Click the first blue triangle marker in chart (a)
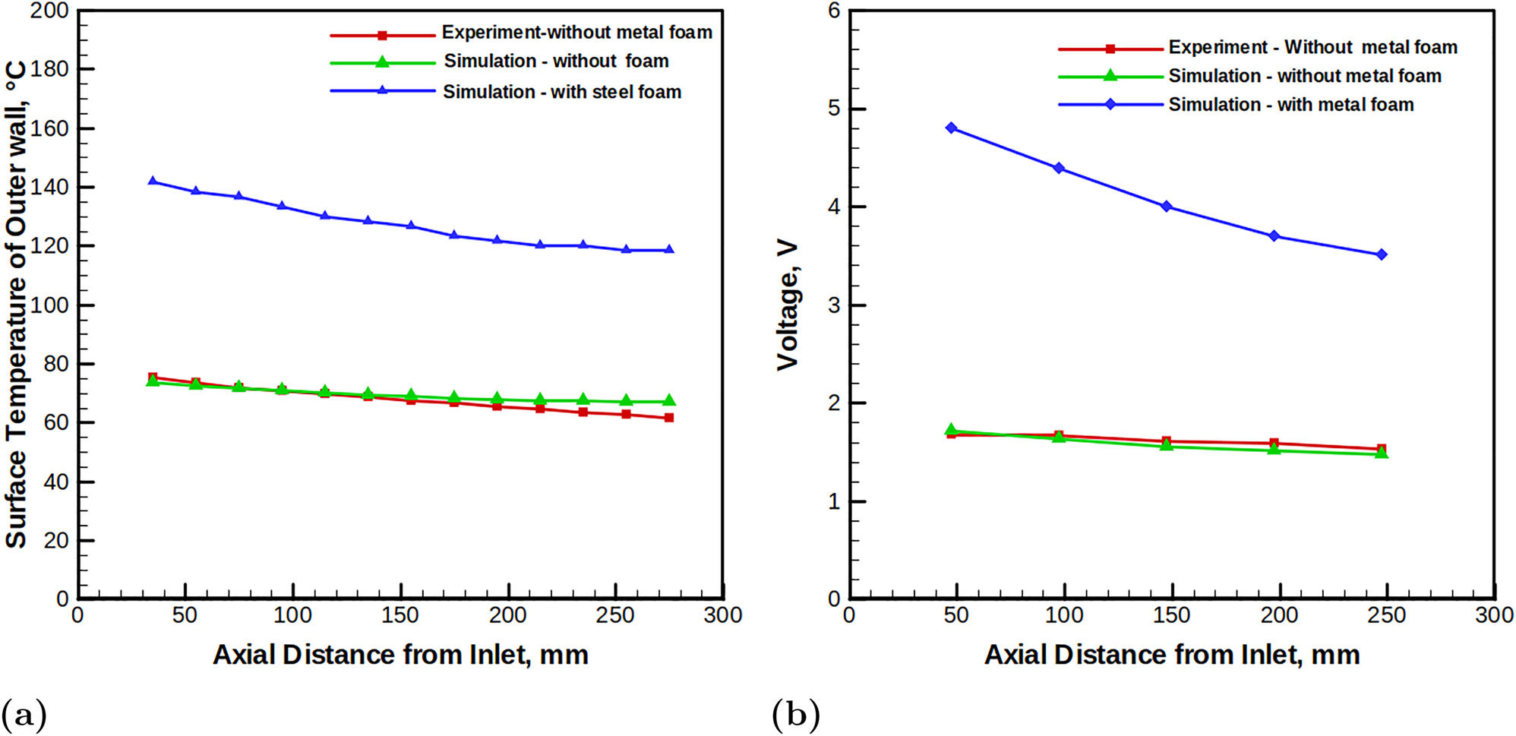click(x=153, y=182)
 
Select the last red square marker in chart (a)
click(x=669, y=418)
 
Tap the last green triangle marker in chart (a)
click(x=669, y=400)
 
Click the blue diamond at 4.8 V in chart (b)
click(x=951, y=128)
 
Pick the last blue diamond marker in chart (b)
click(x=1382, y=254)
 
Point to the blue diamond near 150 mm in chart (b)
click(x=1167, y=207)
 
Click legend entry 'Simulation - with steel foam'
click(x=561, y=92)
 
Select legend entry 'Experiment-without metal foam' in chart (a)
click(x=576, y=33)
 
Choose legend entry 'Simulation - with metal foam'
click(x=1290, y=105)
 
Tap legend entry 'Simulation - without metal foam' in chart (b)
click(x=1304, y=76)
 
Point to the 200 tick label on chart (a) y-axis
click(x=49, y=11)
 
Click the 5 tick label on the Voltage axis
click(x=834, y=109)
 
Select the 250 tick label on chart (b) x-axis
click(x=1387, y=615)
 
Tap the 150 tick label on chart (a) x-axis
click(x=400, y=615)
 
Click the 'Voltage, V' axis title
click(x=788, y=305)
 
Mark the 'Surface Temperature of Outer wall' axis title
click(x=17, y=304)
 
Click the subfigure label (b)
click(x=795, y=714)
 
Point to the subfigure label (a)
click(x=24, y=714)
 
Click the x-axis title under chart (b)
click(x=1171, y=655)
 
